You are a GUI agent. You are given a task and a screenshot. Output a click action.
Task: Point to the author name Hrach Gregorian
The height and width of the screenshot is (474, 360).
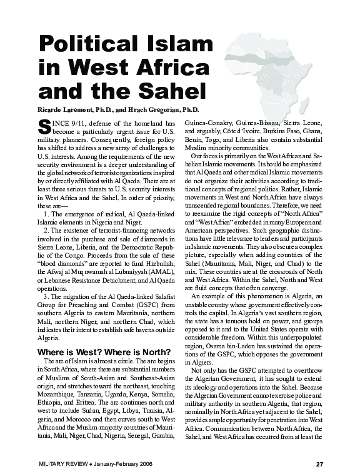[x=161, y=110]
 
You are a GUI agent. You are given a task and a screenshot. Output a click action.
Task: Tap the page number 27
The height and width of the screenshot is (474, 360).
[x=319, y=463]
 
